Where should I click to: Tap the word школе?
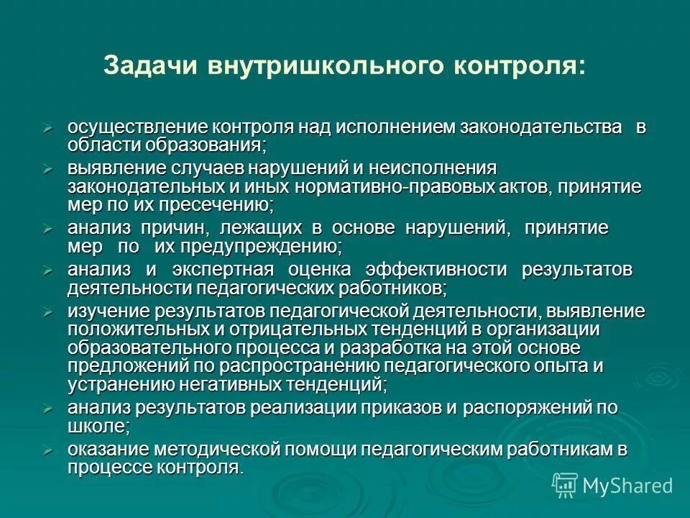(x=98, y=426)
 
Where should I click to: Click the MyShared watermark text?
(x=627, y=486)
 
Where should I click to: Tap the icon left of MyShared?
(x=565, y=486)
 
